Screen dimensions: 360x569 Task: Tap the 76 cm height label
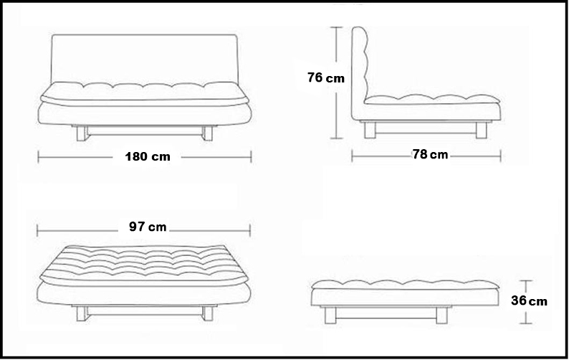(325, 77)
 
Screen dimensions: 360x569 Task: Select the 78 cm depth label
(431, 154)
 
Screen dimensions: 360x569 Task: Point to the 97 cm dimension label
(148, 227)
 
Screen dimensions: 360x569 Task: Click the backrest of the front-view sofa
(143, 57)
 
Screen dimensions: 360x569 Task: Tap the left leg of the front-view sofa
(80, 133)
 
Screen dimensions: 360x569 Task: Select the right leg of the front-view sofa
(209, 133)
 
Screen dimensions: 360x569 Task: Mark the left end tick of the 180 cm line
(38, 156)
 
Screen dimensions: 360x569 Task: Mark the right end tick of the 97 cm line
(252, 229)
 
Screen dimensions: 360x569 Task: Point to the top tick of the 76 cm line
(335, 28)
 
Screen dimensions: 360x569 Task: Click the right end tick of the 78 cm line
(501, 154)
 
